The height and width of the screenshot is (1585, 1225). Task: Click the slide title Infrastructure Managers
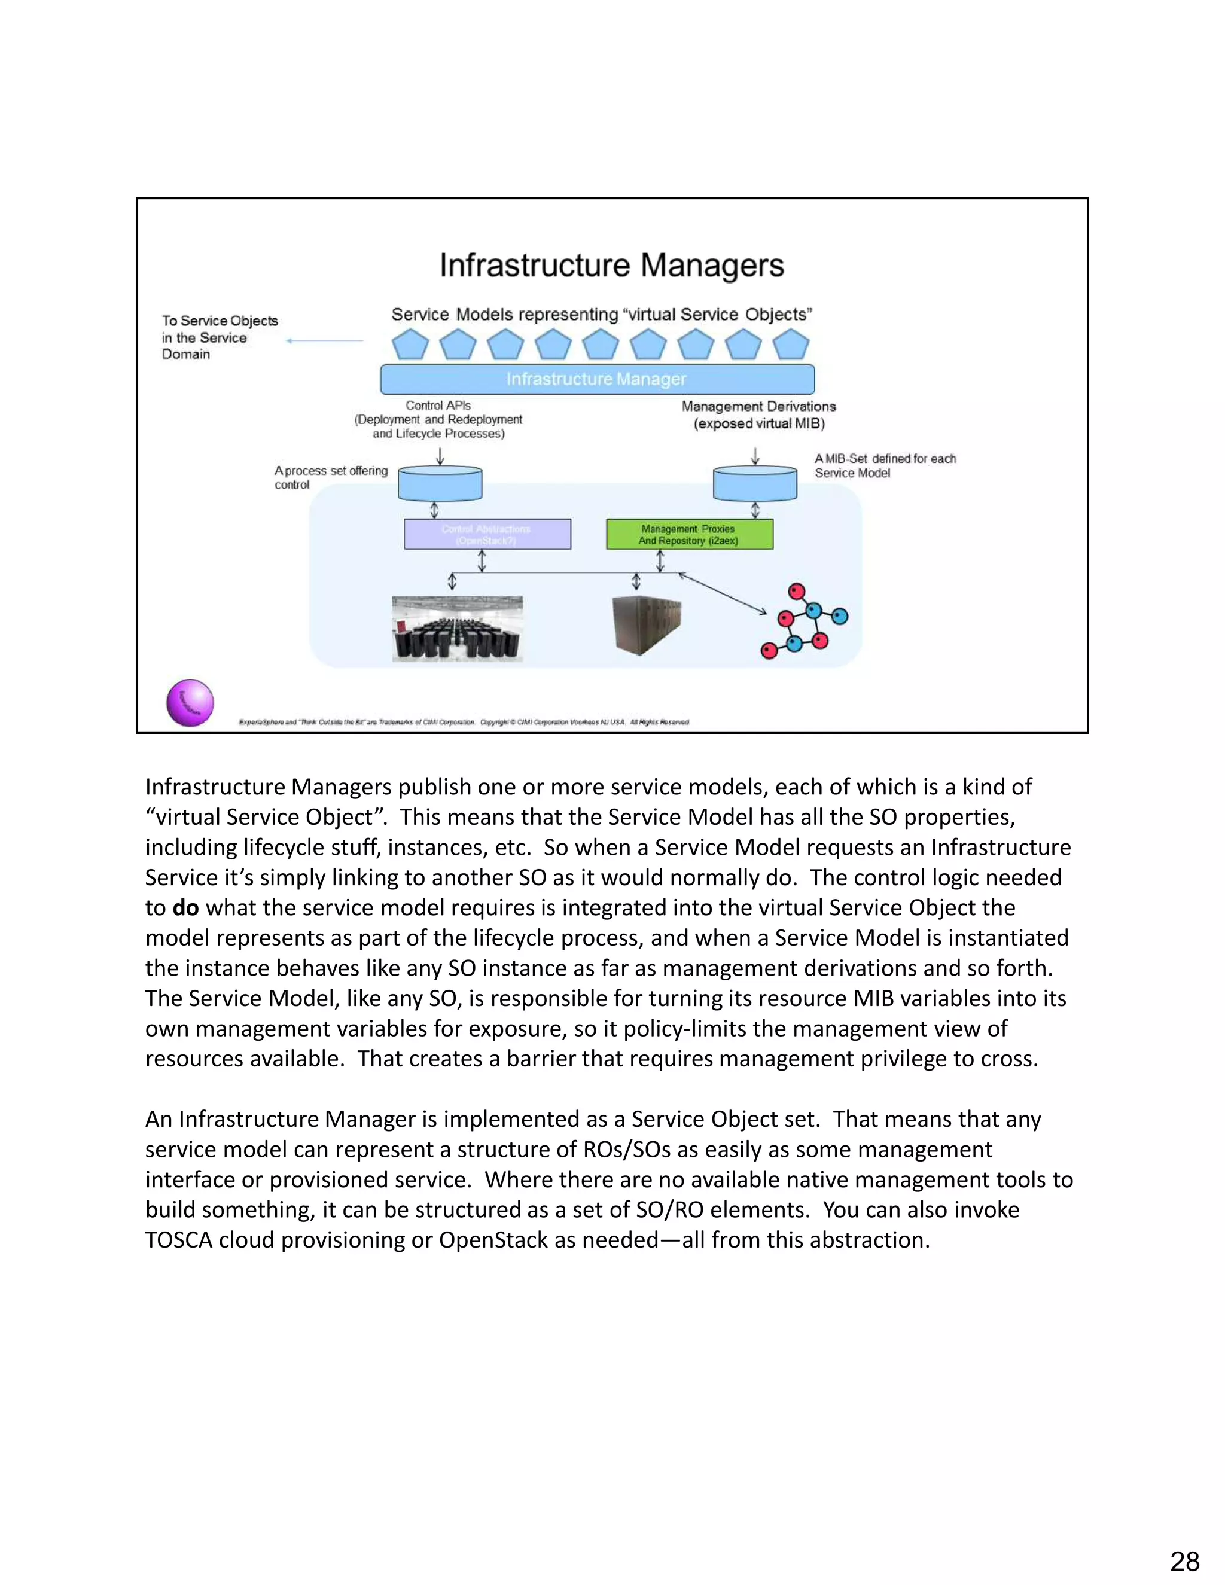(612, 266)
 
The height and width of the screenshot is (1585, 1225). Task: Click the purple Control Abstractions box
(487, 534)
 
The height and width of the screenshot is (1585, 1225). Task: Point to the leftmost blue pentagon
(410, 345)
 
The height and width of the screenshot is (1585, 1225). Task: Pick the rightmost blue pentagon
(790, 345)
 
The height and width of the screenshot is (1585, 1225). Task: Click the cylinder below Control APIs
(440, 483)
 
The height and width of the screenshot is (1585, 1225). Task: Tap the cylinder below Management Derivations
(755, 483)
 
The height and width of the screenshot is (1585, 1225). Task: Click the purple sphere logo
(190, 703)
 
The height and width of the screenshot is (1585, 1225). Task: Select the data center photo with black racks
(457, 629)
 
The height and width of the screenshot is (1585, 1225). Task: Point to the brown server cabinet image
(646, 624)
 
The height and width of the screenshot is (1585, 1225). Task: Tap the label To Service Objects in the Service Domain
(219, 337)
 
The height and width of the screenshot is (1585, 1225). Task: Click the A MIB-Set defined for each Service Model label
(885, 465)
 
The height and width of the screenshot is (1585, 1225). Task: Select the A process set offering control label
(330, 477)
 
